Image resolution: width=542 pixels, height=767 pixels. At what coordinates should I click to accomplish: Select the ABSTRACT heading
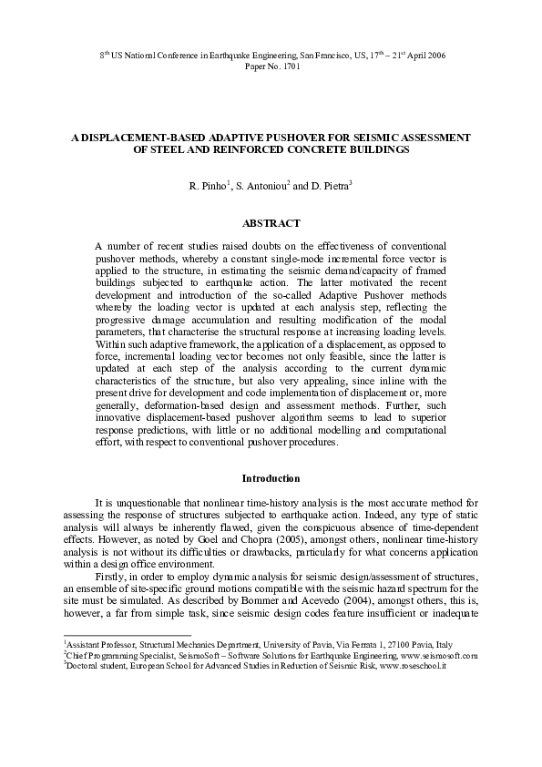[271, 222]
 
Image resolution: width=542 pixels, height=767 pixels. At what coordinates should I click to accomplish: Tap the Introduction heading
[271, 478]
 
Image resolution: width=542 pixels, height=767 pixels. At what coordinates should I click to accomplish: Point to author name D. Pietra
[329, 187]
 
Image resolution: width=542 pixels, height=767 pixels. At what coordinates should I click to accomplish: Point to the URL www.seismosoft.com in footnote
[434, 654]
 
